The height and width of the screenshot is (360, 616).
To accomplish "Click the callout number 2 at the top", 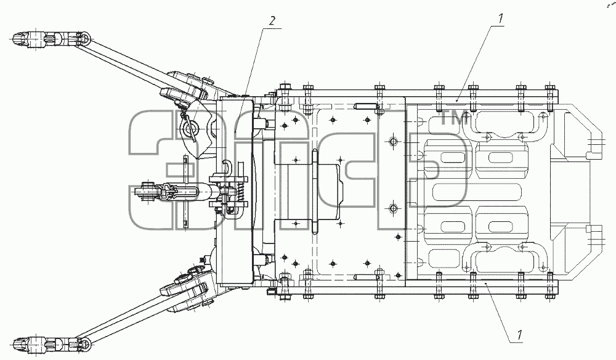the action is [272, 21].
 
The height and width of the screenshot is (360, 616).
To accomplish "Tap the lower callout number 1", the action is [519, 335].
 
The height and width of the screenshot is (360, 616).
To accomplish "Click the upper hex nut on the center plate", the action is [393, 141].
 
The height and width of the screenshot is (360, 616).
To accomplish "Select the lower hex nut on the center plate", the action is [393, 208].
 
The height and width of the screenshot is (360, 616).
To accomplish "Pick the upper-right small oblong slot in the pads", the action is [500, 158].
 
